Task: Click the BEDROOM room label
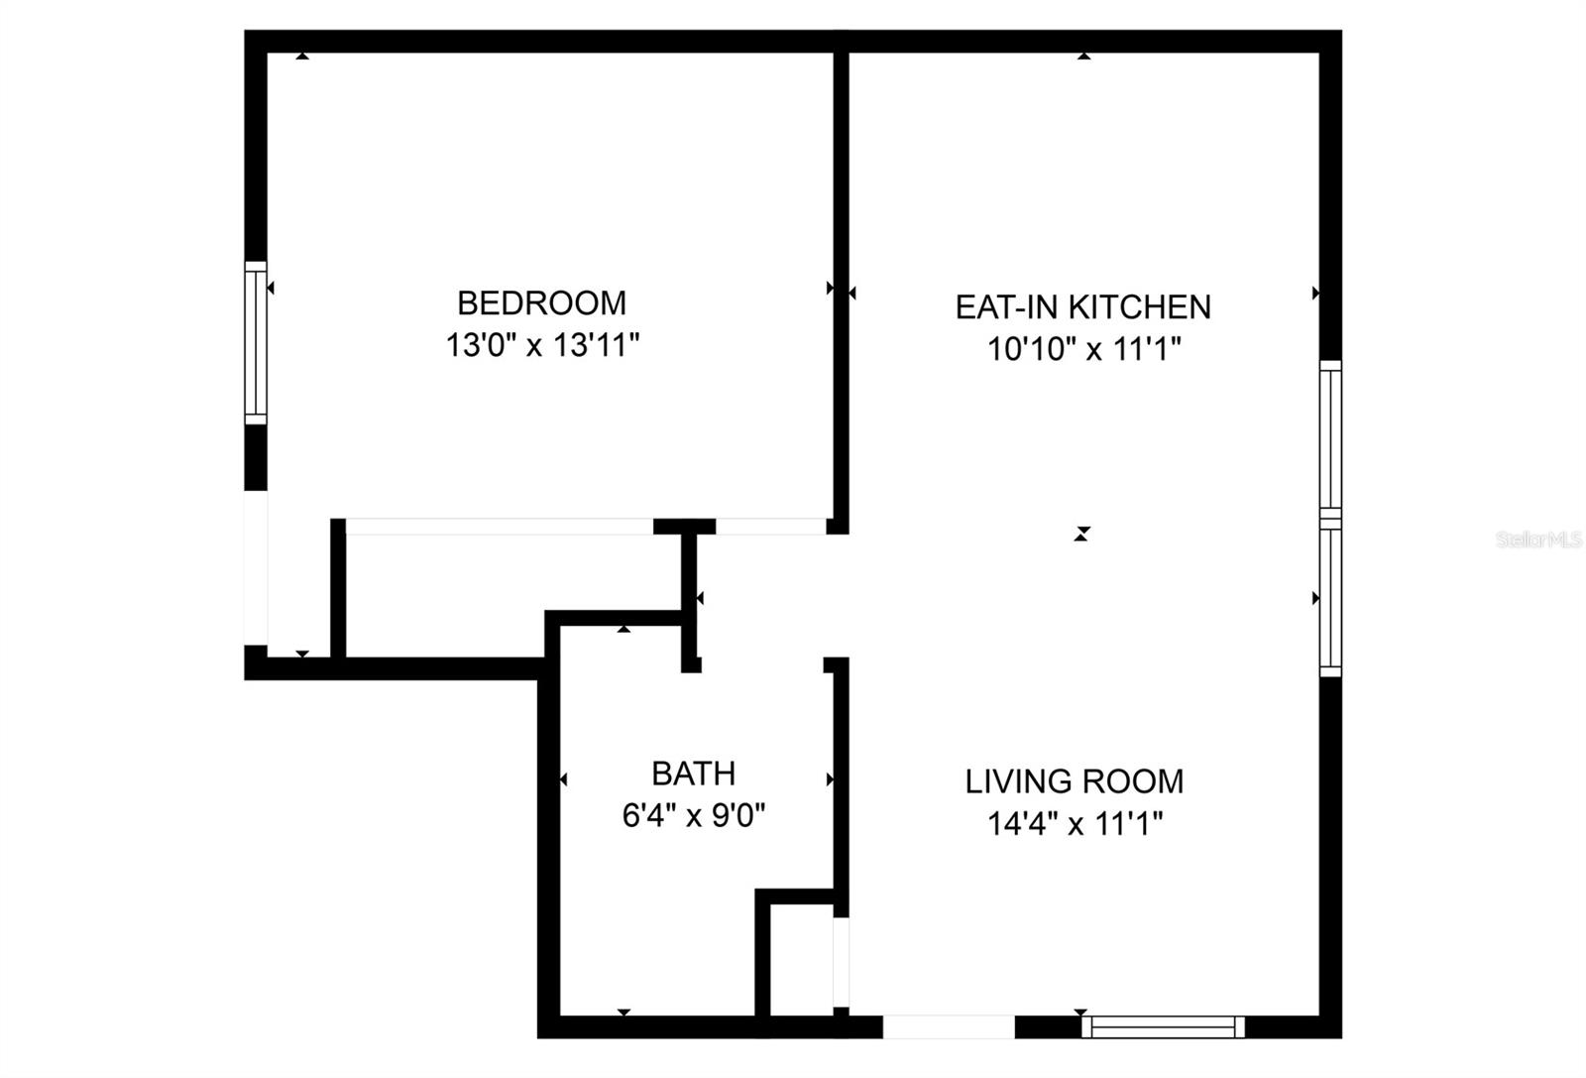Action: tap(541, 302)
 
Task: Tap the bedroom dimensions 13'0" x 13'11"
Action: tap(541, 346)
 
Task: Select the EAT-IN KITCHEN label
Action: tap(1082, 307)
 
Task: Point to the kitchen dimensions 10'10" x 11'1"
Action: tap(1084, 349)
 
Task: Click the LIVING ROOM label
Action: tap(1075, 781)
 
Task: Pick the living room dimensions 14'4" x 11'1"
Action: tap(1075, 823)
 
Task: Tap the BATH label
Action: tap(693, 773)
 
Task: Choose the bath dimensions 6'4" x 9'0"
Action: tap(693, 816)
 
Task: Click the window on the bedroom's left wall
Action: tap(256, 342)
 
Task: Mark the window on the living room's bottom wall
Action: tap(1163, 1026)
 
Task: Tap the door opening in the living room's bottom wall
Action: tap(949, 1026)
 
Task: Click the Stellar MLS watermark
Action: tap(1538, 540)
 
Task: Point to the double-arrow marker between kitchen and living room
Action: tap(1081, 534)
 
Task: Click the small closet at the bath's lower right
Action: tap(801, 960)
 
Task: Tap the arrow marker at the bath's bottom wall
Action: tap(623, 1012)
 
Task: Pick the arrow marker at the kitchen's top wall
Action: tap(1083, 57)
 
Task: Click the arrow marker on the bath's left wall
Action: tap(564, 779)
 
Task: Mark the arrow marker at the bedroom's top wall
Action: tap(302, 57)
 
